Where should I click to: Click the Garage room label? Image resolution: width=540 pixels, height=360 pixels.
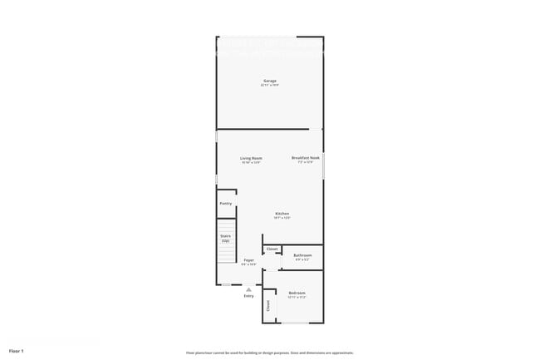tap(269, 81)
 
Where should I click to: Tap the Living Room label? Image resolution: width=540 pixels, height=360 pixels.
tap(251, 158)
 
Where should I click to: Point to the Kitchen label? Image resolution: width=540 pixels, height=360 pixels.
tap(282, 213)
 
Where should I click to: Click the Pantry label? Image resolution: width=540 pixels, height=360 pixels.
tap(225, 203)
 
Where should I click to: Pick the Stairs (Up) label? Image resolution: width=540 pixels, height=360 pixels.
tap(225, 238)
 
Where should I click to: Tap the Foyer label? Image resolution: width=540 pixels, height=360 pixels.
tap(248, 260)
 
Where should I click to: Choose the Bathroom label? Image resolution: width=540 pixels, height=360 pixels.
tap(303, 255)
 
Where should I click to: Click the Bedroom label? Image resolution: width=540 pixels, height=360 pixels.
tap(297, 293)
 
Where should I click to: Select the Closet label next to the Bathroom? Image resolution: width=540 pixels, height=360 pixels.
tap(272, 249)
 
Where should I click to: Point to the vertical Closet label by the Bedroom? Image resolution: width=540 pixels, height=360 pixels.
tap(268, 305)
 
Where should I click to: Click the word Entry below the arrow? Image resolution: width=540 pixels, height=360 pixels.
tap(248, 296)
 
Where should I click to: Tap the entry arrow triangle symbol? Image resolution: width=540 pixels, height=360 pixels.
tap(248, 288)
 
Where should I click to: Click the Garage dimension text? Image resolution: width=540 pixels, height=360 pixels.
tap(269, 85)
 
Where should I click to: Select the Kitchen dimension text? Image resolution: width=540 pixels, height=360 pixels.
tap(282, 218)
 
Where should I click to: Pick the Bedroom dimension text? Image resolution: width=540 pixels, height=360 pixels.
tap(297, 297)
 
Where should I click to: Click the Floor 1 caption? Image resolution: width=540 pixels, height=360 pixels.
tap(17, 351)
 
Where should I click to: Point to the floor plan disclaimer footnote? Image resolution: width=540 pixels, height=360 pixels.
tap(269, 352)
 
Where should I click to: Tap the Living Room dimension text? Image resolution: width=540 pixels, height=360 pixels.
tap(251, 162)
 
